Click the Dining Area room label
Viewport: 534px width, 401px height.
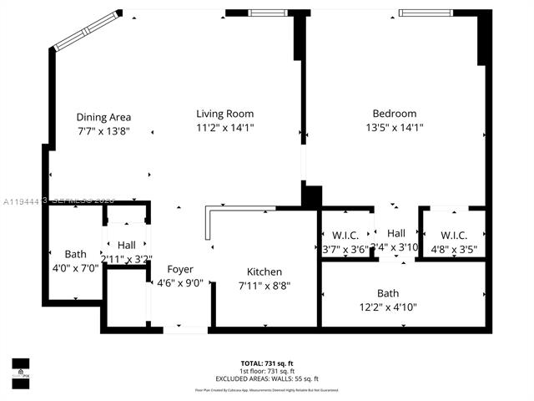click(103, 117)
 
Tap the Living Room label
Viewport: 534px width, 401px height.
click(224, 114)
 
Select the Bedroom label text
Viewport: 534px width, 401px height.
click(394, 114)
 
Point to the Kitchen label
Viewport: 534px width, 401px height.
click(264, 272)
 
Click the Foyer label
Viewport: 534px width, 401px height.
click(180, 269)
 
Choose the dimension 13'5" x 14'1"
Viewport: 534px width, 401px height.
click(394, 129)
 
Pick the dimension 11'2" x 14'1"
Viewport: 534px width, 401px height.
click(224, 129)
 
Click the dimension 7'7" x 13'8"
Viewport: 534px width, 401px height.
click(103, 132)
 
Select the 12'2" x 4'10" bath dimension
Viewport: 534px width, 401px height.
click(388, 307)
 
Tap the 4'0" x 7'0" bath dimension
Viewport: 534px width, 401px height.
click(75, 268)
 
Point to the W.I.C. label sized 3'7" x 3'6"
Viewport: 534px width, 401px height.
click(345, 235)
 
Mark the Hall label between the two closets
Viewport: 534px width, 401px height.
click(395, 233)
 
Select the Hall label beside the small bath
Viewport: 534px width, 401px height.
click(127, 245)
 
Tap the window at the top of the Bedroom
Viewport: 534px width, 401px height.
click(427, 13)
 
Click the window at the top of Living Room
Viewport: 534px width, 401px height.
click(267, 13)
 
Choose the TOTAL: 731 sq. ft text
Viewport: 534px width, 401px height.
click(267, 363)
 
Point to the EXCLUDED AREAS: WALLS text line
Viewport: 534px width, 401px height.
click(267, 378)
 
